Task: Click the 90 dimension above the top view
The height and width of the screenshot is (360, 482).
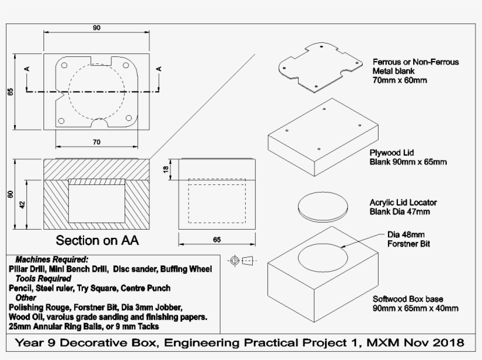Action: pyautogui.click(x=96, y=28)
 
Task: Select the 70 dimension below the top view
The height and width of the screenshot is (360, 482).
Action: pyautogui.click(x=96, y=142)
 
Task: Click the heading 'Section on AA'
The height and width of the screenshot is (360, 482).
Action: pyautogui.click(x=98, y=240)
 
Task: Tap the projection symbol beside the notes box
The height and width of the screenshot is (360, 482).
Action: pyautogui.click(x=242, y=260)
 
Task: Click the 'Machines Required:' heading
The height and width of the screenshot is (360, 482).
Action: pyautogui.click(x=52, y=259)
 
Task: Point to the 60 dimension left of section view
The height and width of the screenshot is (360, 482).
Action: pyautogui.click(x=11, y=194)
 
